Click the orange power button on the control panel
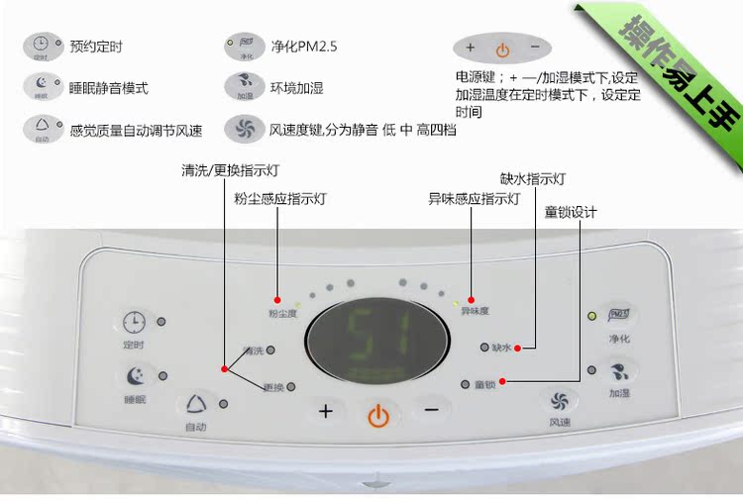(x=377, y=415)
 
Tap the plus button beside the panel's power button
(x=326, y=411)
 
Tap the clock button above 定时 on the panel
(x=134, y=323)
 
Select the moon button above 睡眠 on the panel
(x=135, y=377)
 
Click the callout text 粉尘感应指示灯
(x=280, y=199)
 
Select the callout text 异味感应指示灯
(x=474, y=199)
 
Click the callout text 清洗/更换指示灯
(x=228, y=169)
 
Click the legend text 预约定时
(x=96, y=46)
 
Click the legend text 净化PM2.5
(x=303, y=46)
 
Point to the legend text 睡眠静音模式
(x=109, y=87)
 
